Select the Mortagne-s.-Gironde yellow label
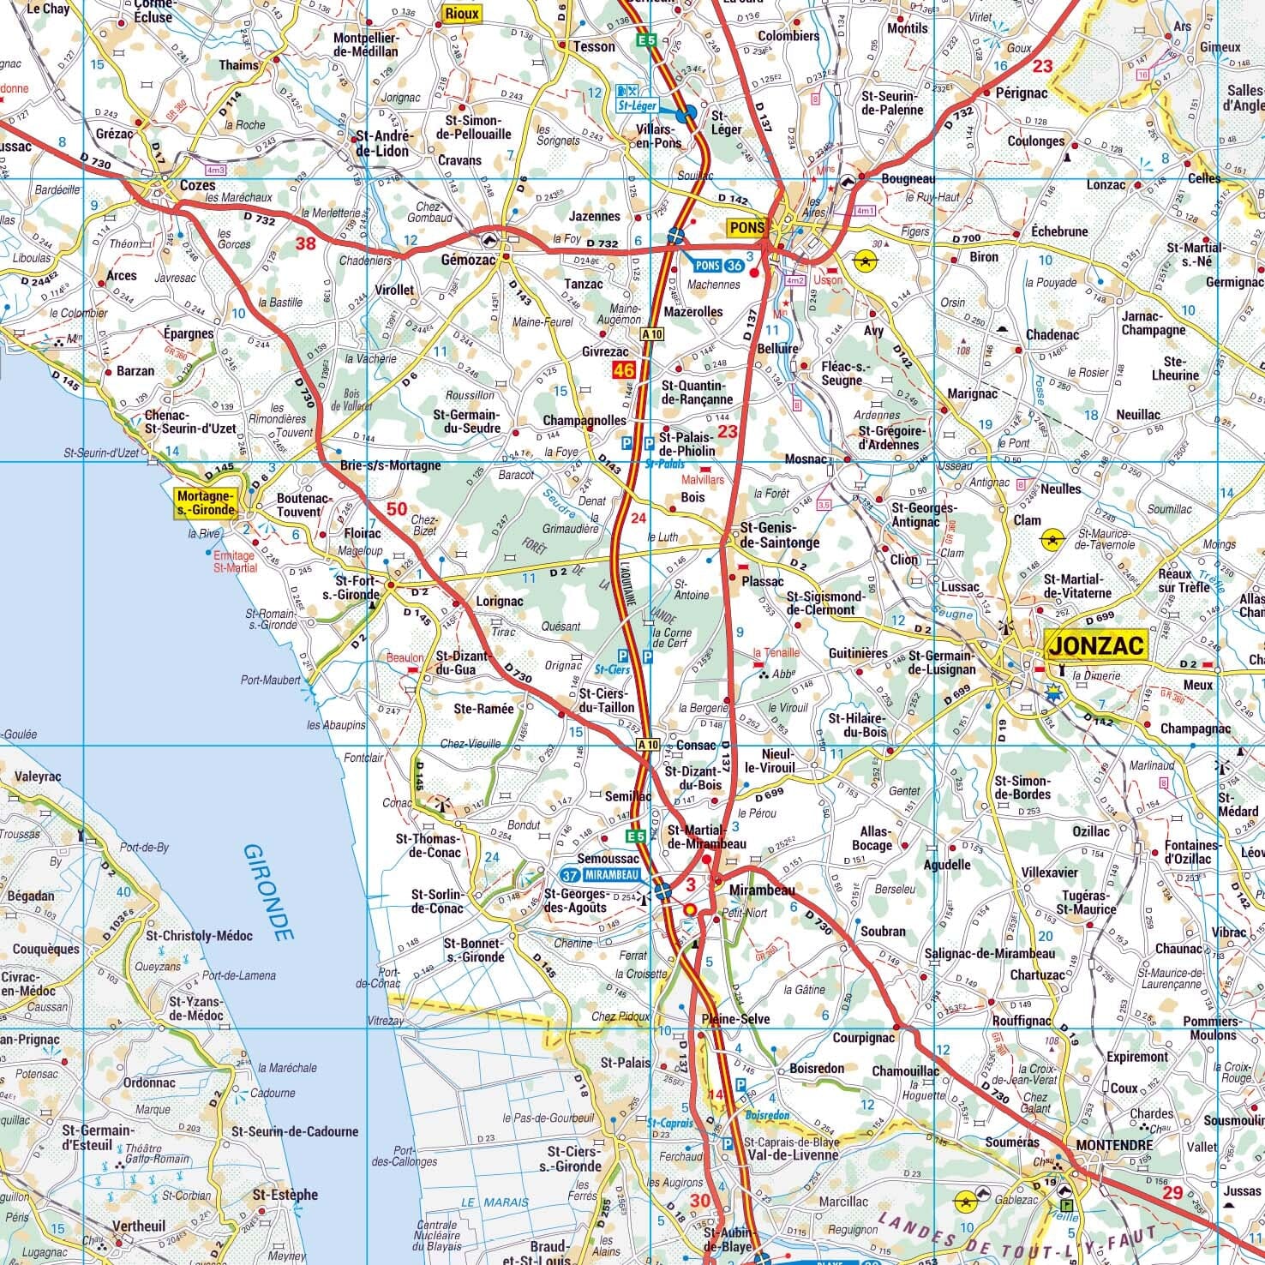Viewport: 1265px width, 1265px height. point(206,502)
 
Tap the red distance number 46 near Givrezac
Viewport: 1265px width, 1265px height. point(623,370)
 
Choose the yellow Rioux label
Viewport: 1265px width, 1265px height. point(462,13)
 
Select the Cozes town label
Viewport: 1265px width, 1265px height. point(197,185)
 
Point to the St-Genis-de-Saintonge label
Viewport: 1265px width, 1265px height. point(779,536)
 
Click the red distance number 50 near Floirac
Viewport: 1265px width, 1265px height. point(397,509)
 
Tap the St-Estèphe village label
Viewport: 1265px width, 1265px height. point(285,1194)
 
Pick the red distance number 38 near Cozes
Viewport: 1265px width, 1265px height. point(305,243)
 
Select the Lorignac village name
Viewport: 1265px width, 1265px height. point(499,602)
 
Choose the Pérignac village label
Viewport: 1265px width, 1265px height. point(1022,92)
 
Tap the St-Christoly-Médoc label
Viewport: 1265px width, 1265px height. point(199,936)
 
